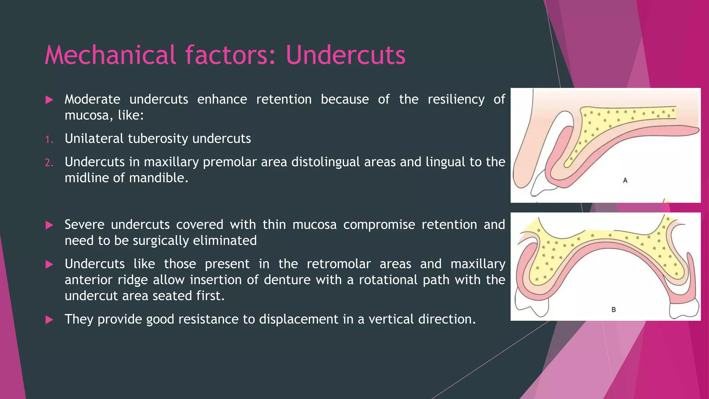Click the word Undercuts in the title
coord(345,55)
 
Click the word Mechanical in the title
coord(110,55)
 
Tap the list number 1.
coord(49,140)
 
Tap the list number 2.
coord(49,162)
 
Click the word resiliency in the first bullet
coord(456,100)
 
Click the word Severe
coord(84,225)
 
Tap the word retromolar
coord(339,264)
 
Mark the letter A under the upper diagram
coord(625,180)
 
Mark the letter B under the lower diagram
coord(613,310)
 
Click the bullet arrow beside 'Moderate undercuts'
coord(49,100)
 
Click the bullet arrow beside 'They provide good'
coord(49,320)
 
